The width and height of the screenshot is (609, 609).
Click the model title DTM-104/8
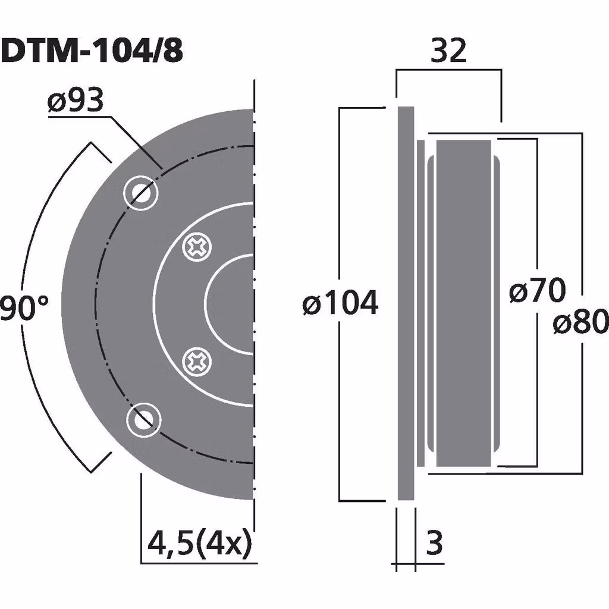click(x=92, y=52)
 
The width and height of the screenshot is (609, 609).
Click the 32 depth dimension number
click(x=448, y=52)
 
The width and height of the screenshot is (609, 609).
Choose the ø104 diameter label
click(x=340, y=304)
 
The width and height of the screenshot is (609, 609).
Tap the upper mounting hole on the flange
click(x=141, y=192)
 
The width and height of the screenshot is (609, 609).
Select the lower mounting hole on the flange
click(x=143, y=419)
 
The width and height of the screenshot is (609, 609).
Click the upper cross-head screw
click(x=197, y=246)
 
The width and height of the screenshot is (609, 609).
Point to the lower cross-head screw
click(x=197, y=360)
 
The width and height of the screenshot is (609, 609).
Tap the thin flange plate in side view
click(x=406, y=303)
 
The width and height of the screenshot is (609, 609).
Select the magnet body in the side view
click(x=463, y=303)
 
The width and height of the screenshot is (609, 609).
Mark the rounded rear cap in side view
click(x=496, y=303)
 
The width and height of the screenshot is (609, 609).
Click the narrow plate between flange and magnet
click(x=421, y=303)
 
